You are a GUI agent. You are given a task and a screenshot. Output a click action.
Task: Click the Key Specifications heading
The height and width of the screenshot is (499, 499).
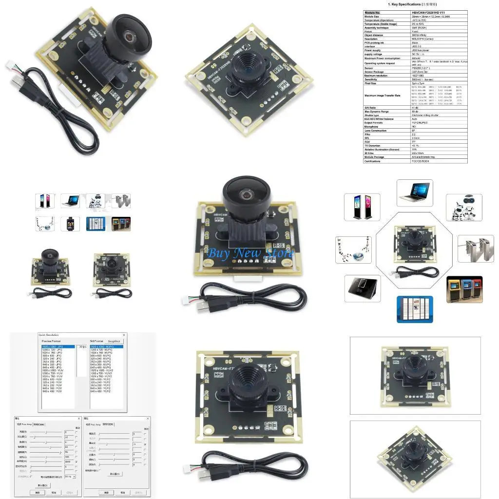[x=415, y=4]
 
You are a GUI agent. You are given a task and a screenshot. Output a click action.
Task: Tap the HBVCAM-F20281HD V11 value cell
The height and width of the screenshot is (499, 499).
[x=429, y=12]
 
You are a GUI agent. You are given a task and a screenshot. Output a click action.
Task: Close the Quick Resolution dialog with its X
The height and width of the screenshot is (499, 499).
[x=124, y=335]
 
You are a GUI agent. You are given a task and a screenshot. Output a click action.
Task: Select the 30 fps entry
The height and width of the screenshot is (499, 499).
[x=82, y=347]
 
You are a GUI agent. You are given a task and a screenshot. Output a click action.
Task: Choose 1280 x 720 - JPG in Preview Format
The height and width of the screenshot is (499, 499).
[x=53, y=350]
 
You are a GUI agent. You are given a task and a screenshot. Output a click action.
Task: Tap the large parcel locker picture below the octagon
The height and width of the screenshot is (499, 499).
[x=415, y=309]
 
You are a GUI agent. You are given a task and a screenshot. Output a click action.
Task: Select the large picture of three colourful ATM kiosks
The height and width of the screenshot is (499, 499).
[x=464, y=290]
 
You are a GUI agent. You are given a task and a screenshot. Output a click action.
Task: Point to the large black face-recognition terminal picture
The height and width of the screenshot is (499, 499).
[x=362, y=288]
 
